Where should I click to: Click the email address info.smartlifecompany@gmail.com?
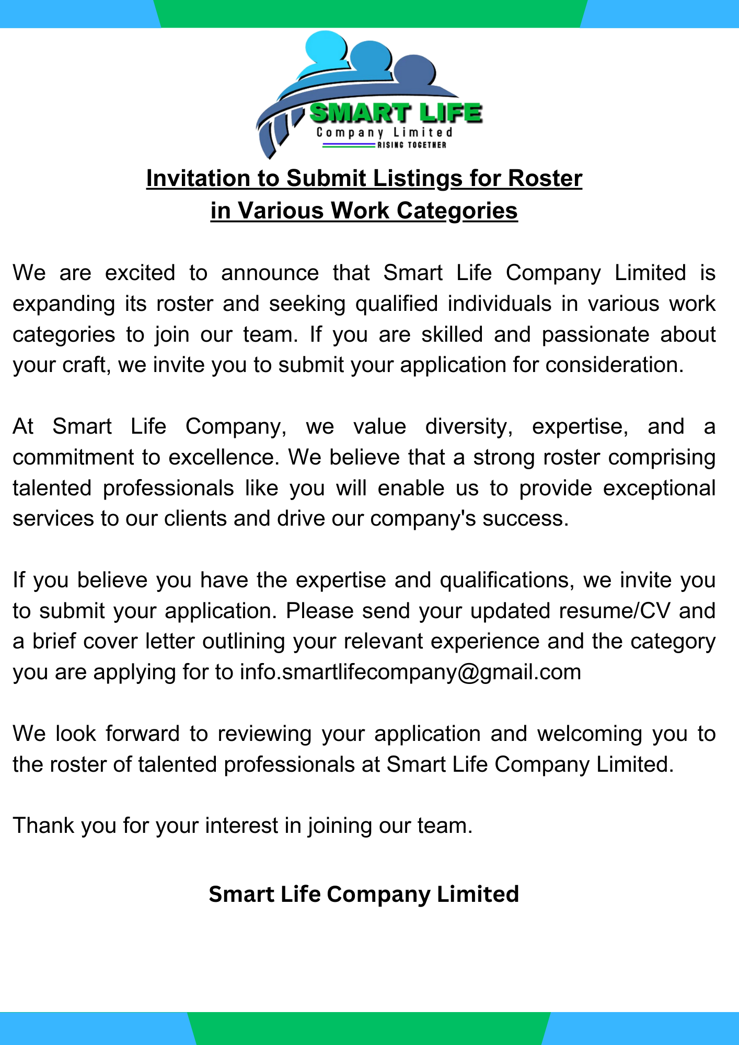[410, 672]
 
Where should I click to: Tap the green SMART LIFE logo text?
[396, 113]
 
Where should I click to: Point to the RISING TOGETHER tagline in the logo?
[412, 145]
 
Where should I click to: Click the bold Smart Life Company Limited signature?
[364, 894]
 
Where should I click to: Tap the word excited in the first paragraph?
[140, 273]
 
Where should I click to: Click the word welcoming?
[590, 734]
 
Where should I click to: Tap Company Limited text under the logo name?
[384, 133]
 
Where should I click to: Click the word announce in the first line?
[270, 273]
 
